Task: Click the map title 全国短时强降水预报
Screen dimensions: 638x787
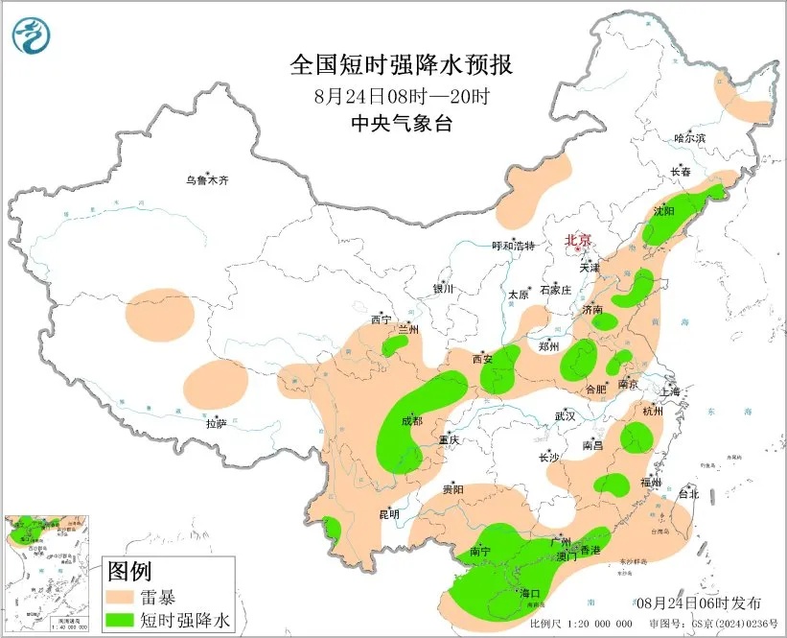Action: pyautogui.click(x=401, y=65)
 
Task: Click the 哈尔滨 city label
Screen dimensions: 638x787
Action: pyautogui.click(x=688, y=139)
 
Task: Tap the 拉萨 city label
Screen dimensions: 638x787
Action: pyautogui.click(x=217, y=422)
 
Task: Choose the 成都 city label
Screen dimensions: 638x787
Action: pyautogui.click(x=412, y=420)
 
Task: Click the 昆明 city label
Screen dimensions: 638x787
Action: pyautogui.click(x=388, y=514)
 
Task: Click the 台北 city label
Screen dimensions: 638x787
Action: pyautogui.click(x=688, y=494)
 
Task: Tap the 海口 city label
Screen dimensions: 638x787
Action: pyautogui.click(x=529, y=594)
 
